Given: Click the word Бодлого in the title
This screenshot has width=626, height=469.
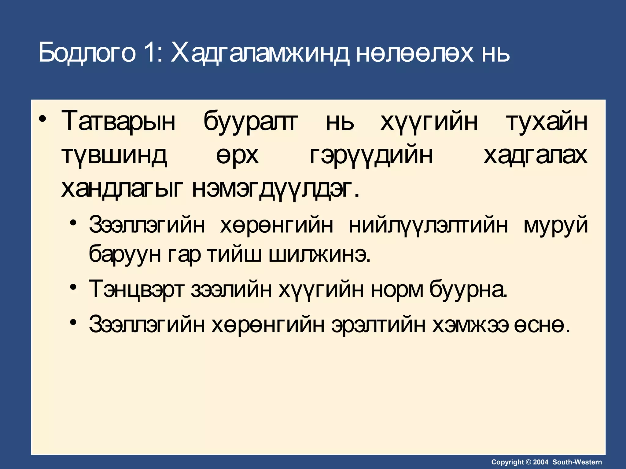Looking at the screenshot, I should point(87,53).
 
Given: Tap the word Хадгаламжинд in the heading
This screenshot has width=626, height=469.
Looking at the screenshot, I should point(260,53).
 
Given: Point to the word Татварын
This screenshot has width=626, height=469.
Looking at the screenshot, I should point(119,122).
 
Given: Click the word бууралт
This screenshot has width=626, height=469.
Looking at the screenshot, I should point(250,122).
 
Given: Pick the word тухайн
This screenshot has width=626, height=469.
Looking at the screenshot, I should point(547,122).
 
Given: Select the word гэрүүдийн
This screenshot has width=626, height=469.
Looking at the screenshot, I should point(371,155).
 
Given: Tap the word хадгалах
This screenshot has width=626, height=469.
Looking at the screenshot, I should point(536,155).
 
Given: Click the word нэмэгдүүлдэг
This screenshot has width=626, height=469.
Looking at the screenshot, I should point(276,189).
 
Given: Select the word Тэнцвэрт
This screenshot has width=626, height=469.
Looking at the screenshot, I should point(137,289).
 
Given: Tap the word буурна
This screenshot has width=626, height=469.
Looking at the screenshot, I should point(468,289).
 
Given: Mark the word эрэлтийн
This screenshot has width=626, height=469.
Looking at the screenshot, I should point(378,324).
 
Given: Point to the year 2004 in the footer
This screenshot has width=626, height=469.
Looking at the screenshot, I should point(541,462).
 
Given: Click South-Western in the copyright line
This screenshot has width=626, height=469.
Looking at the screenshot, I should point(577,462).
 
